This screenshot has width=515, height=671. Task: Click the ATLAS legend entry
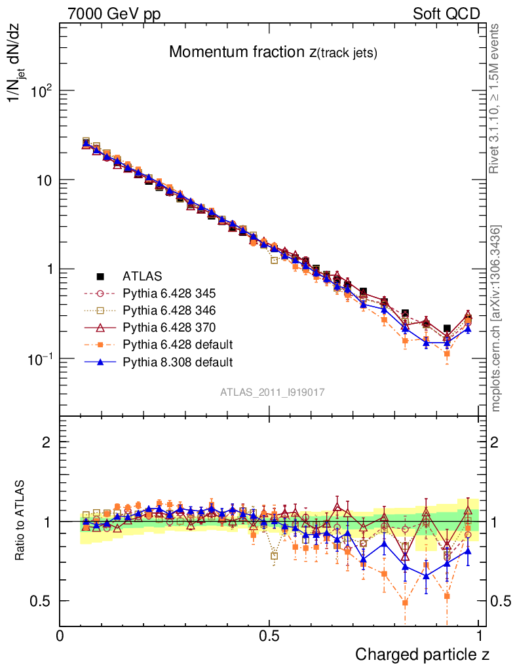coord(142,276)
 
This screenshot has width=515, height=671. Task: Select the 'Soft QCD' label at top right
coord(446,14)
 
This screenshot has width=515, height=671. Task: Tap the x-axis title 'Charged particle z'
coord(422,654)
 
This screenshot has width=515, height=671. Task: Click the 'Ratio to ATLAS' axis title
coord(21,521)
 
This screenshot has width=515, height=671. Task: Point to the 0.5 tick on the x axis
coord(269,636)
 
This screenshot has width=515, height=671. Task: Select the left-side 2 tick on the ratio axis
coord(47,442)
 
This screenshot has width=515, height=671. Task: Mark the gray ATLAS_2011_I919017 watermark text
coord(273,392)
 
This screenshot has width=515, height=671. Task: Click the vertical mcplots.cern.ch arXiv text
coord(496,318)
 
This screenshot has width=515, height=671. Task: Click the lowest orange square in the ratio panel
coord(405,602)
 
